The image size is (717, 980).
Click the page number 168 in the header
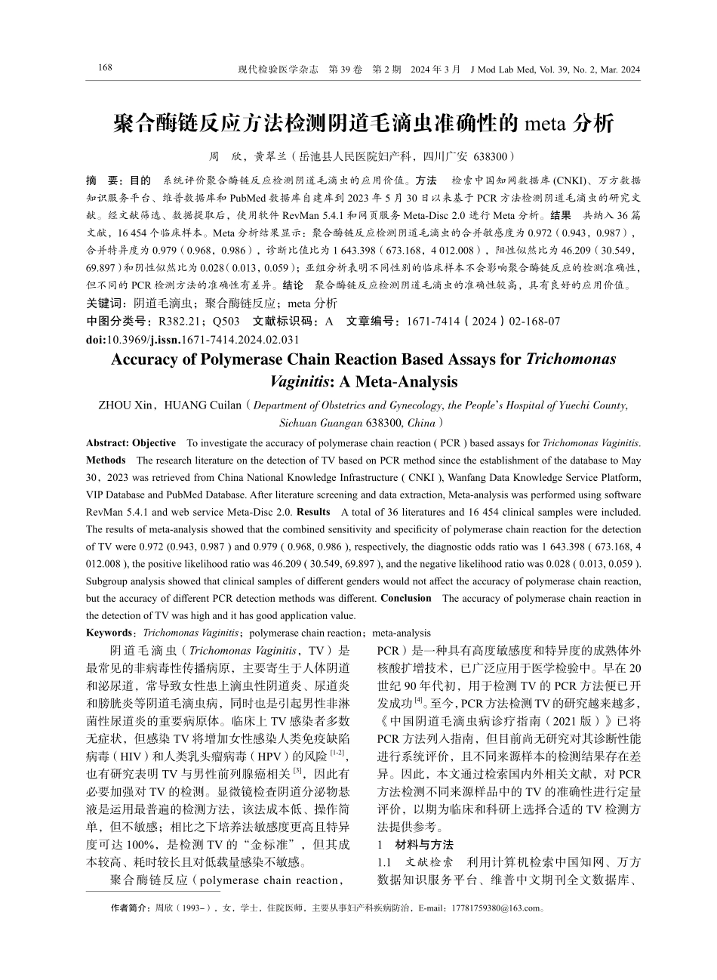coord(105,69)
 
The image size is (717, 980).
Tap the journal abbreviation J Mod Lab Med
coord(502,69)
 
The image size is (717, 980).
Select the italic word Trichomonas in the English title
coord(571,359)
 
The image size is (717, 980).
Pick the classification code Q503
coord(227,322)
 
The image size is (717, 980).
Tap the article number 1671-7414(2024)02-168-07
coord(483,322)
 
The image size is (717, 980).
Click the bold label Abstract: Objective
coord(131,442)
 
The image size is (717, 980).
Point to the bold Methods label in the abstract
coord(106,459)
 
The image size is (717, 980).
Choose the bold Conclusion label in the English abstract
coord(406,598)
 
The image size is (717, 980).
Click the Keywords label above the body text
coord(109,633)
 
